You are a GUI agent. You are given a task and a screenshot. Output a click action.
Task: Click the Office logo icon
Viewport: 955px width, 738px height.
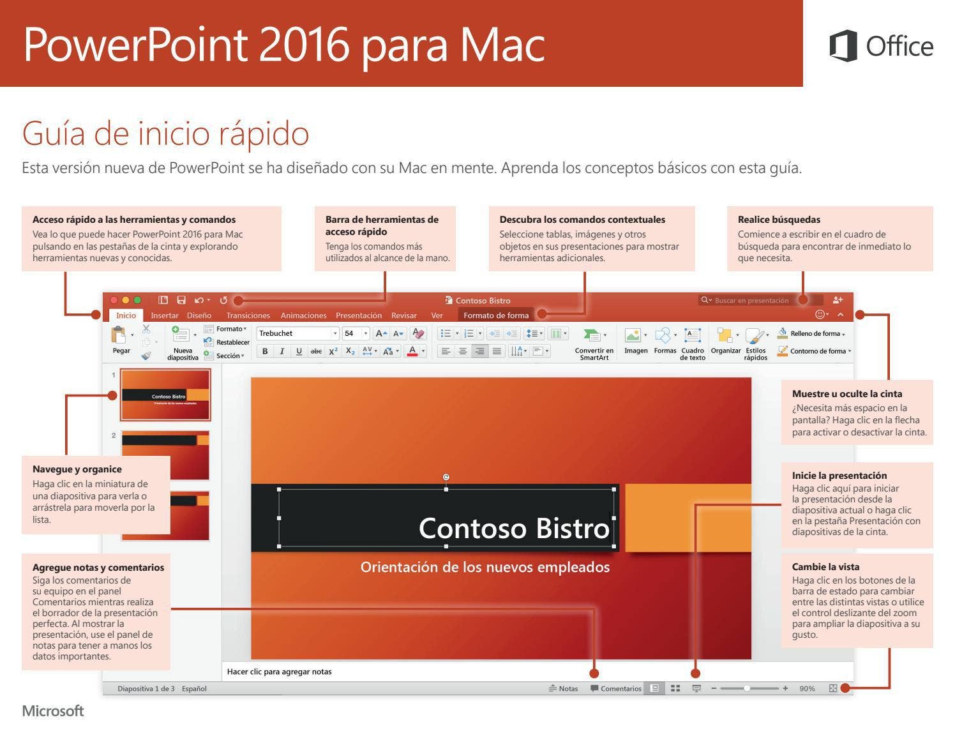[843, 46]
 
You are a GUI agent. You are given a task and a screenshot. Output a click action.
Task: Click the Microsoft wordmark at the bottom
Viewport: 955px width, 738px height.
[53, 711]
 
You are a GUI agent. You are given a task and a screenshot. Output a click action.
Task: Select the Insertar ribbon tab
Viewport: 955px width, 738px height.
[164, 315]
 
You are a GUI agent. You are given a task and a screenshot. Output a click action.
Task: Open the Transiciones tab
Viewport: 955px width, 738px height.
[248, 315]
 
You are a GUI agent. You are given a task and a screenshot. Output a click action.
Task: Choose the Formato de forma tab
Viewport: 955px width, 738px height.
[496, 315]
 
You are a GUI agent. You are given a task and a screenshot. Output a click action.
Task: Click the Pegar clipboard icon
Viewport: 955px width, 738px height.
[118, 335]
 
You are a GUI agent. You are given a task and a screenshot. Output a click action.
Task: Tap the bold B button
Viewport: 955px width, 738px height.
[264, 351]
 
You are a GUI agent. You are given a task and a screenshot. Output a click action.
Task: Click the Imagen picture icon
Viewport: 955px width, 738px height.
[633, 335]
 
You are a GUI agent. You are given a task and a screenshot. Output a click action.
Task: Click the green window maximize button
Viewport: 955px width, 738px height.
[137, 300]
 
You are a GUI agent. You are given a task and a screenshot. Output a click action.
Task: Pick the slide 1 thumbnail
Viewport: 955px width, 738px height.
[165, 395]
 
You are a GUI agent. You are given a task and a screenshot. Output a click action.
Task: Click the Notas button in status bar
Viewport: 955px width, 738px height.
[564, 688]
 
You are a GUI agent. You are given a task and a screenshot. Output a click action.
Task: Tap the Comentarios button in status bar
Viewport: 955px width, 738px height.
[616, 688]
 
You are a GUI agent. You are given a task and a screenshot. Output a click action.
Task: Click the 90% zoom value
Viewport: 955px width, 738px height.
[807, 688]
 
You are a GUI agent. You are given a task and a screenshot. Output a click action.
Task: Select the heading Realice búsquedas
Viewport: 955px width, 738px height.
[779, 220]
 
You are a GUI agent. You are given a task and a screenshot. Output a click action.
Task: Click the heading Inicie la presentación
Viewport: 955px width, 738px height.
[839, 475]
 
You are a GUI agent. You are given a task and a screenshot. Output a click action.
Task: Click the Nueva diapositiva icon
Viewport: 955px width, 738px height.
[180, 335]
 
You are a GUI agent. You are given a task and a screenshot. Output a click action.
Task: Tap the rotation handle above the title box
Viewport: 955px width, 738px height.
[446, 477]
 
